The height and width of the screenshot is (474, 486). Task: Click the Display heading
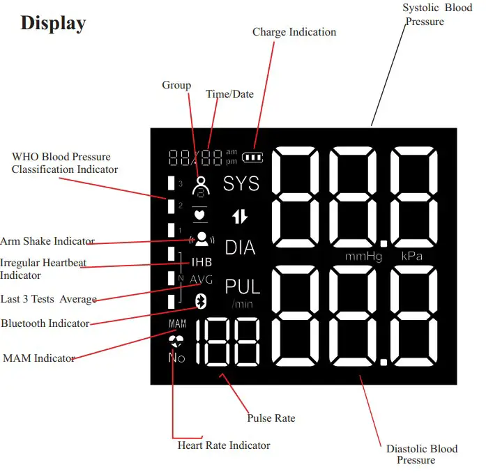click(x=53, y=23)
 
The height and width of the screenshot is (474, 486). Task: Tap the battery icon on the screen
click(x=254, y=157)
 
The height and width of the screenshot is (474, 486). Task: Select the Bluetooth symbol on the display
click(x=199, y=301)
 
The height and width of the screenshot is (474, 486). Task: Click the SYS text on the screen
click(x=241, y=183)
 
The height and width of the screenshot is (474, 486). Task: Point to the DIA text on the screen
click(x=240, y=247)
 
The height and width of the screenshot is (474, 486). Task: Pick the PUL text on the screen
click(x=242, y=286)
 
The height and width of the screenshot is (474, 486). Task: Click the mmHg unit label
click(x=364, y=257)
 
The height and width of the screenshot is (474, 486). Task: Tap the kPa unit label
click(x=412, y=257)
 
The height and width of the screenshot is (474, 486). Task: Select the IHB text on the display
click(x=202, y=263)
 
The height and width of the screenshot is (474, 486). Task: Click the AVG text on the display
click(x=202, y=280)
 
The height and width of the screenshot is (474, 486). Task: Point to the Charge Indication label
click(x=294, y=32)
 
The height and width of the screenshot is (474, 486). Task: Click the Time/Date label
click(x=230, y=94)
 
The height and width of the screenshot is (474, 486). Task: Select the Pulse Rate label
click(x=271, y=418)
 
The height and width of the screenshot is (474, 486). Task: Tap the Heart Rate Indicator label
click(x=224, y=445)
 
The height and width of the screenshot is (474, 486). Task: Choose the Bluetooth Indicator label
click(x=45, y=323)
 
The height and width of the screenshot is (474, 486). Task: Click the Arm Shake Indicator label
click(x=47, y=241)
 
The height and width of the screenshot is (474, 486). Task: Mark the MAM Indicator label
click(x=39, y=358)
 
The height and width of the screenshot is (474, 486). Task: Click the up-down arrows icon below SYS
click(x=240, y=216)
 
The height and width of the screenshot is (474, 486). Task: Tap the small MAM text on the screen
click(x=177, y=325)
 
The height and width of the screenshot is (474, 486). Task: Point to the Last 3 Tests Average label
click(x=49, y=299)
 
